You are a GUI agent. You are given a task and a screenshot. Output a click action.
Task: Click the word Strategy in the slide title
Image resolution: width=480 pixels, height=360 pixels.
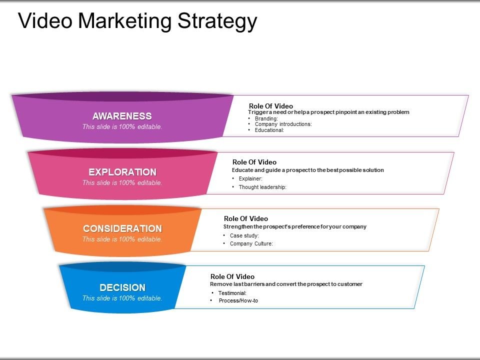coord(217,21)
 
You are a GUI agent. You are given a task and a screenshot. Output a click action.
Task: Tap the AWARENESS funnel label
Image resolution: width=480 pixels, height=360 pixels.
coord(122,116)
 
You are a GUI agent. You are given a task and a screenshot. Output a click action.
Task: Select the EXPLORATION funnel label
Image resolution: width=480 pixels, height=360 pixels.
coord(122,172)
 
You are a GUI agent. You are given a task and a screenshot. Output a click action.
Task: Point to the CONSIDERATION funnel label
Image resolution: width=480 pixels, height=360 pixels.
coord(122,228)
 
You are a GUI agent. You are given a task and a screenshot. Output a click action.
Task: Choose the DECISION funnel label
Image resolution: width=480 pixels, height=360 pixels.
coord(122,287)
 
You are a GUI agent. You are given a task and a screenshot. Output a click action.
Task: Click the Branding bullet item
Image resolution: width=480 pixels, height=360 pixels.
coord(266,118)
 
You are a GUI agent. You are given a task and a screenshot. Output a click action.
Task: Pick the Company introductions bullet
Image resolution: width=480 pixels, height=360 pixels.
coord(283,124)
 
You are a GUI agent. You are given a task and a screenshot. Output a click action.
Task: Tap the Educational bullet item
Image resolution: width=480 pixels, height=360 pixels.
coord(269,130)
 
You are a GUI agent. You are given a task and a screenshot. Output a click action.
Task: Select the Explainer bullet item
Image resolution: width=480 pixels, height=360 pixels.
coord(250,178)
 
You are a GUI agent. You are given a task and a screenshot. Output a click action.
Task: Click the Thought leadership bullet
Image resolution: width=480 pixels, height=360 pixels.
coord(262,187)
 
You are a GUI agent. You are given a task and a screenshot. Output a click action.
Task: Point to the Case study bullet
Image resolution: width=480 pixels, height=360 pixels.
coord(244,235)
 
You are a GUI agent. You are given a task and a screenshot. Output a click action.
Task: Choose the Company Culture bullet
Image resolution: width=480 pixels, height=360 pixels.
coord(251,243)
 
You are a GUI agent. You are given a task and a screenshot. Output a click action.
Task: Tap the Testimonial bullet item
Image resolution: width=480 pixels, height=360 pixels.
coord(232,293)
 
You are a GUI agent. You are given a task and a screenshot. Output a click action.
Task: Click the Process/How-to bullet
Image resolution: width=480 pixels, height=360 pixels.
coord(238,300)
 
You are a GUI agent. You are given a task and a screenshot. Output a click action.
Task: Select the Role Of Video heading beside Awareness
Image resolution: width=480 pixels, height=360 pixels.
coord(271,106)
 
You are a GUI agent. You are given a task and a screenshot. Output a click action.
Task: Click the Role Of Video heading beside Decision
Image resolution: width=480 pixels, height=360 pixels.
coord(232,276)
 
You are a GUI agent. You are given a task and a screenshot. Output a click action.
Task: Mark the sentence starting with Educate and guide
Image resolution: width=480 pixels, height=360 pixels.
coord(307,170)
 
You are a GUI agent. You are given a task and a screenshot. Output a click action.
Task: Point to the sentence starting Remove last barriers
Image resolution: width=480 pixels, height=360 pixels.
coord(286,284)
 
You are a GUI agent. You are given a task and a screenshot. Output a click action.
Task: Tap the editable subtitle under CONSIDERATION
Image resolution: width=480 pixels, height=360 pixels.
coord(122,239)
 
